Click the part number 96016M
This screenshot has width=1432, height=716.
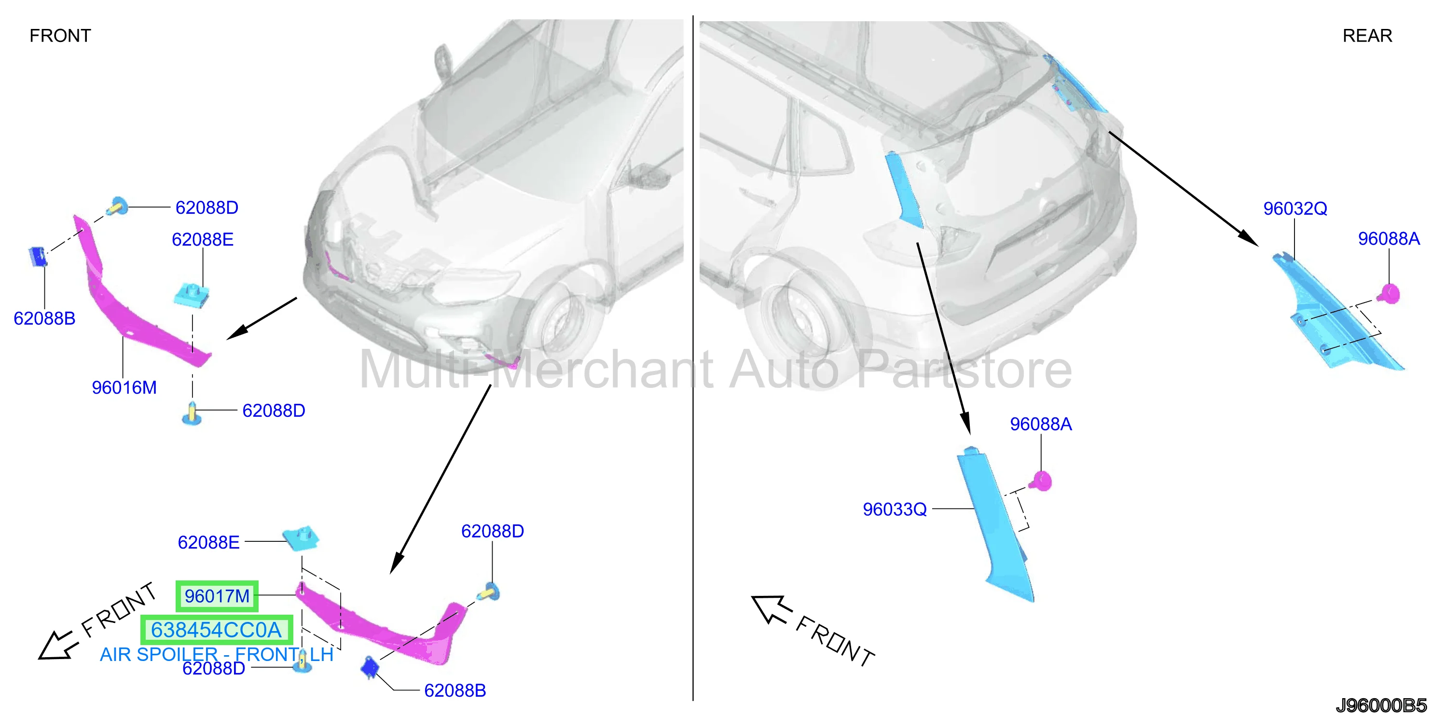[124, 387]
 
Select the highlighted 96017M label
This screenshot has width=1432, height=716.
[217, 596]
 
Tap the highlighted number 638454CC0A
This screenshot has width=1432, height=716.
[216, 630]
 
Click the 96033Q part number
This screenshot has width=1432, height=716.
[895, 509]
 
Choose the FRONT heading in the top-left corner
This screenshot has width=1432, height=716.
[60, 36]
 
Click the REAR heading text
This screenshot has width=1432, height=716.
[1367, 36]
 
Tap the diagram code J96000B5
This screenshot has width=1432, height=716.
[1381, 705]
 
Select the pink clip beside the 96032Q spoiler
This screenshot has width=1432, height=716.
[1389, 293]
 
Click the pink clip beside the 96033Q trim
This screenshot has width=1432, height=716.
[1041, 481]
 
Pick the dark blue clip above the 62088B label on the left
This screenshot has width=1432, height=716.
[37, 256]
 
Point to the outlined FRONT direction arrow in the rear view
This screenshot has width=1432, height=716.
[771, 609]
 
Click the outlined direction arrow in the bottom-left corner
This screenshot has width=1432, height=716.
[55, 646]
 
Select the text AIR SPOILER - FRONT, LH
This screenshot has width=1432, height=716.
[217, 655]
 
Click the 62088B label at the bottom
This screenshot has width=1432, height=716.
[454, 690]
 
